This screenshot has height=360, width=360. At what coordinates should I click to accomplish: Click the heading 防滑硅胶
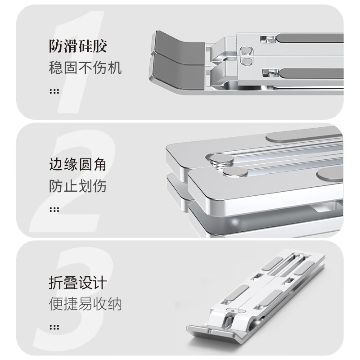78,46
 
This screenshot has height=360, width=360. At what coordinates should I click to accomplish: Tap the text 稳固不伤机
85,68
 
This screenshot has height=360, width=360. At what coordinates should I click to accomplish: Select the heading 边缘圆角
77,164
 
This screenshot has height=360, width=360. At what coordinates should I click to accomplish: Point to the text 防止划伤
77,186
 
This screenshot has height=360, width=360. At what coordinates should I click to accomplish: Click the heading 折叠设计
78,283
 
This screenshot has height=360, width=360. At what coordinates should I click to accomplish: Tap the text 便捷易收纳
85,304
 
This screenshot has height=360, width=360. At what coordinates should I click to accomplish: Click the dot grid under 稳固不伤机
54,91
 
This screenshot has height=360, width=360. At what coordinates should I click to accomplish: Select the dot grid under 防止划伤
54,209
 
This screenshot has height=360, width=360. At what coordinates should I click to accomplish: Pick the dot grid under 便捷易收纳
54,327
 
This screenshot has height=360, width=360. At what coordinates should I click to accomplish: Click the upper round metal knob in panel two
221,159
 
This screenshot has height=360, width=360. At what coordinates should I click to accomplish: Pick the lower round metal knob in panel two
235,172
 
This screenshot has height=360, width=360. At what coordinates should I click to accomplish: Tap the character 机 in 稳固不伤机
115,68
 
